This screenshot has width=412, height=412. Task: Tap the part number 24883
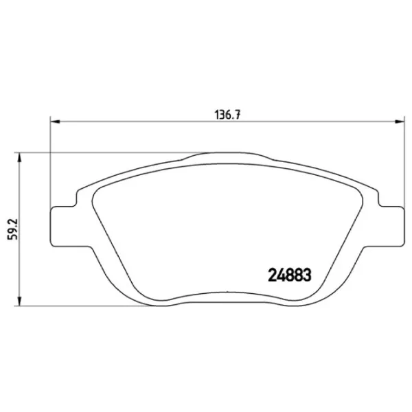tap(289, 275)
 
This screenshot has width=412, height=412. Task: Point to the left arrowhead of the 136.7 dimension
tap(56, 122)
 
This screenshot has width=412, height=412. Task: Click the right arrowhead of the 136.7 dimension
tap(398, 122)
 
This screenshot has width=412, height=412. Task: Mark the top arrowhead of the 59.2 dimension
tap(19, 157)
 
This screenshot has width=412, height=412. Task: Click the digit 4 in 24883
tap(277, 275)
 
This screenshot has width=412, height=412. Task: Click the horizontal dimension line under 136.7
tap(137, 122)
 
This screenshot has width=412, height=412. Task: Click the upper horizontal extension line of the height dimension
tap(103, 152)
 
